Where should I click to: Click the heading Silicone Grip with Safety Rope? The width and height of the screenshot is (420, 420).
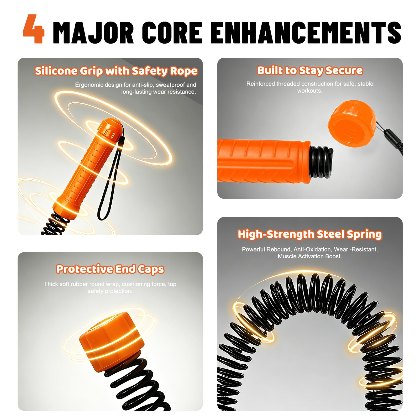(116, 71)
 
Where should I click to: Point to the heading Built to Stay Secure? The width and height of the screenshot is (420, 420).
(310, 70)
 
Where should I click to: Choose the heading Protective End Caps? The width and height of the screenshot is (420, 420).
(110, 269)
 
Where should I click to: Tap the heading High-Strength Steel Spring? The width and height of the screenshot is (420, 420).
(310, 234)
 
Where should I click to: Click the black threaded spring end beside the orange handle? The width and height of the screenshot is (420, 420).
(321, 162)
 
